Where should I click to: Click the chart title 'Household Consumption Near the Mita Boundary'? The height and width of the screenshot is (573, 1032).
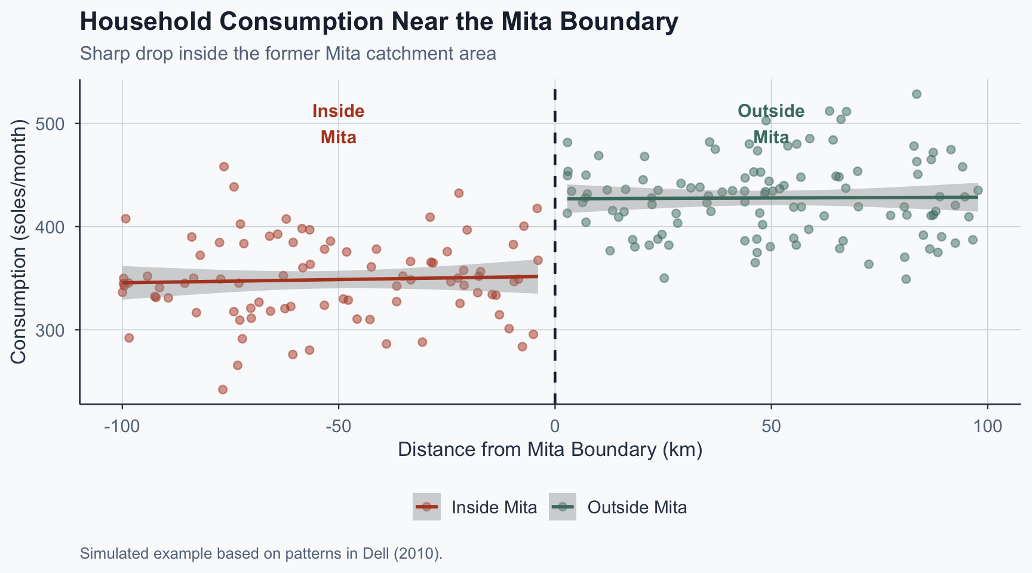tap(379, 23)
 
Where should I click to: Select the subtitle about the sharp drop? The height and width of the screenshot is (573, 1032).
tap(288, 54)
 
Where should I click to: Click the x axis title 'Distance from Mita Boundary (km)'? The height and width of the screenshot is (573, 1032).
tap(549, 449)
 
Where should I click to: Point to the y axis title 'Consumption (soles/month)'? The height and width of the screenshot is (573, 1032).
tap(19, 242)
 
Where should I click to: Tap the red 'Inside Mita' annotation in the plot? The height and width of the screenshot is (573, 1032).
tap(339, 124)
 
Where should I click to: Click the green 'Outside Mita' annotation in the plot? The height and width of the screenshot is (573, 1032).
tap(771, 124)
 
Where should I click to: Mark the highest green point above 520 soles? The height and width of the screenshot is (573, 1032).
tap(916, 94)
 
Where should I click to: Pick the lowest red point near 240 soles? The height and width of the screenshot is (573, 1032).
tap(223, 390)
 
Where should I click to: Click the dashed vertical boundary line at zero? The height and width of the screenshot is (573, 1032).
tap(555, 251)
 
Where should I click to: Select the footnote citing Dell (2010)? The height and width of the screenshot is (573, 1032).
tap(261, 553)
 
